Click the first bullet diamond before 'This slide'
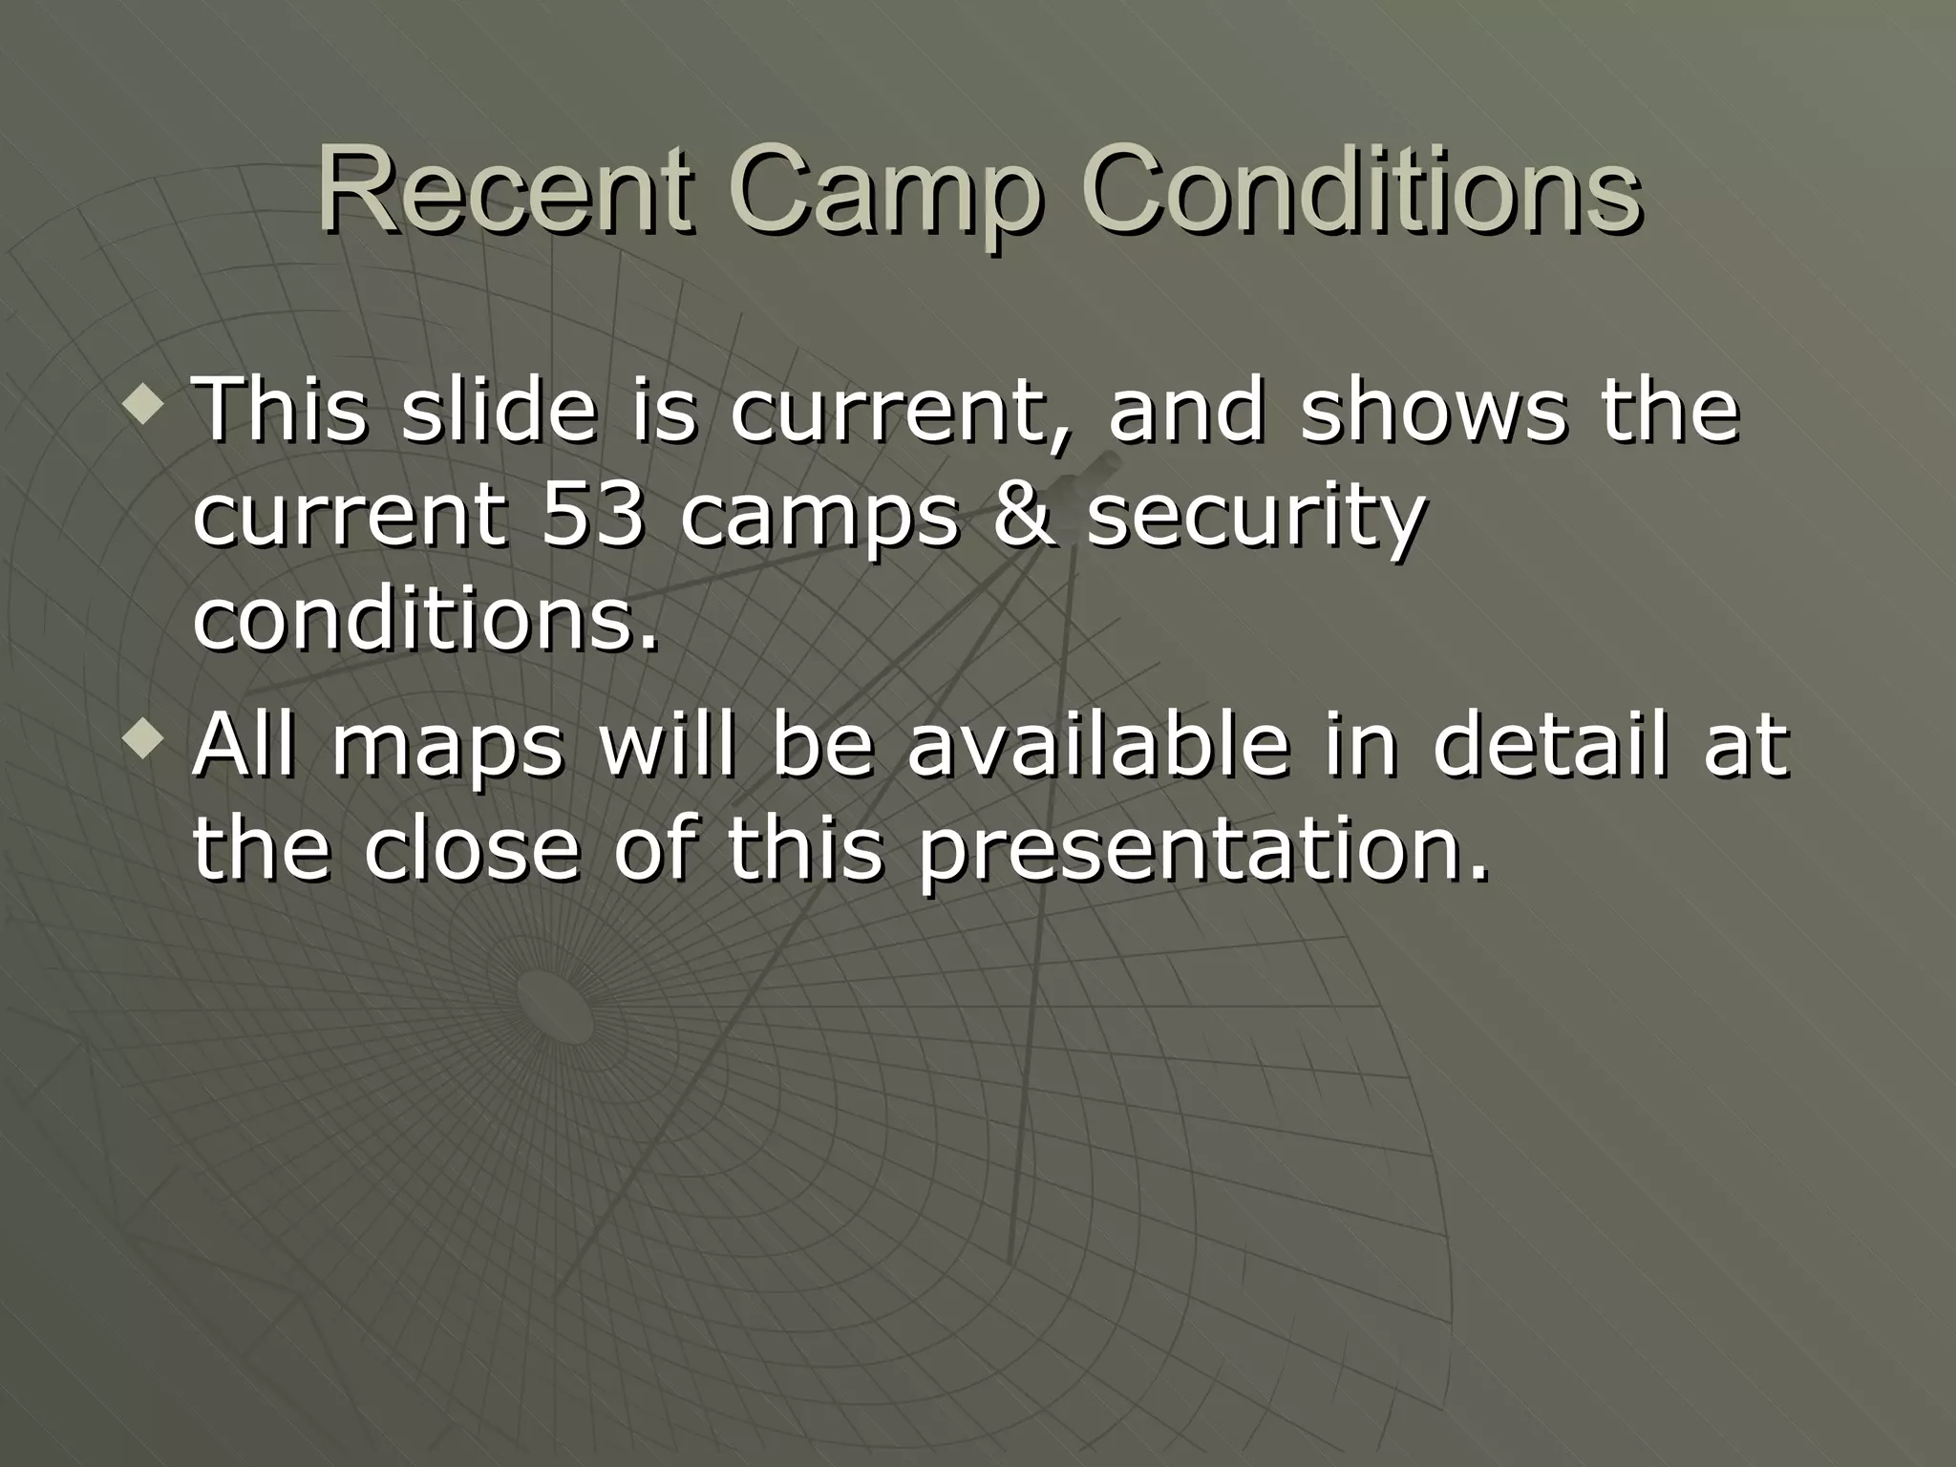tap(150, 404)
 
